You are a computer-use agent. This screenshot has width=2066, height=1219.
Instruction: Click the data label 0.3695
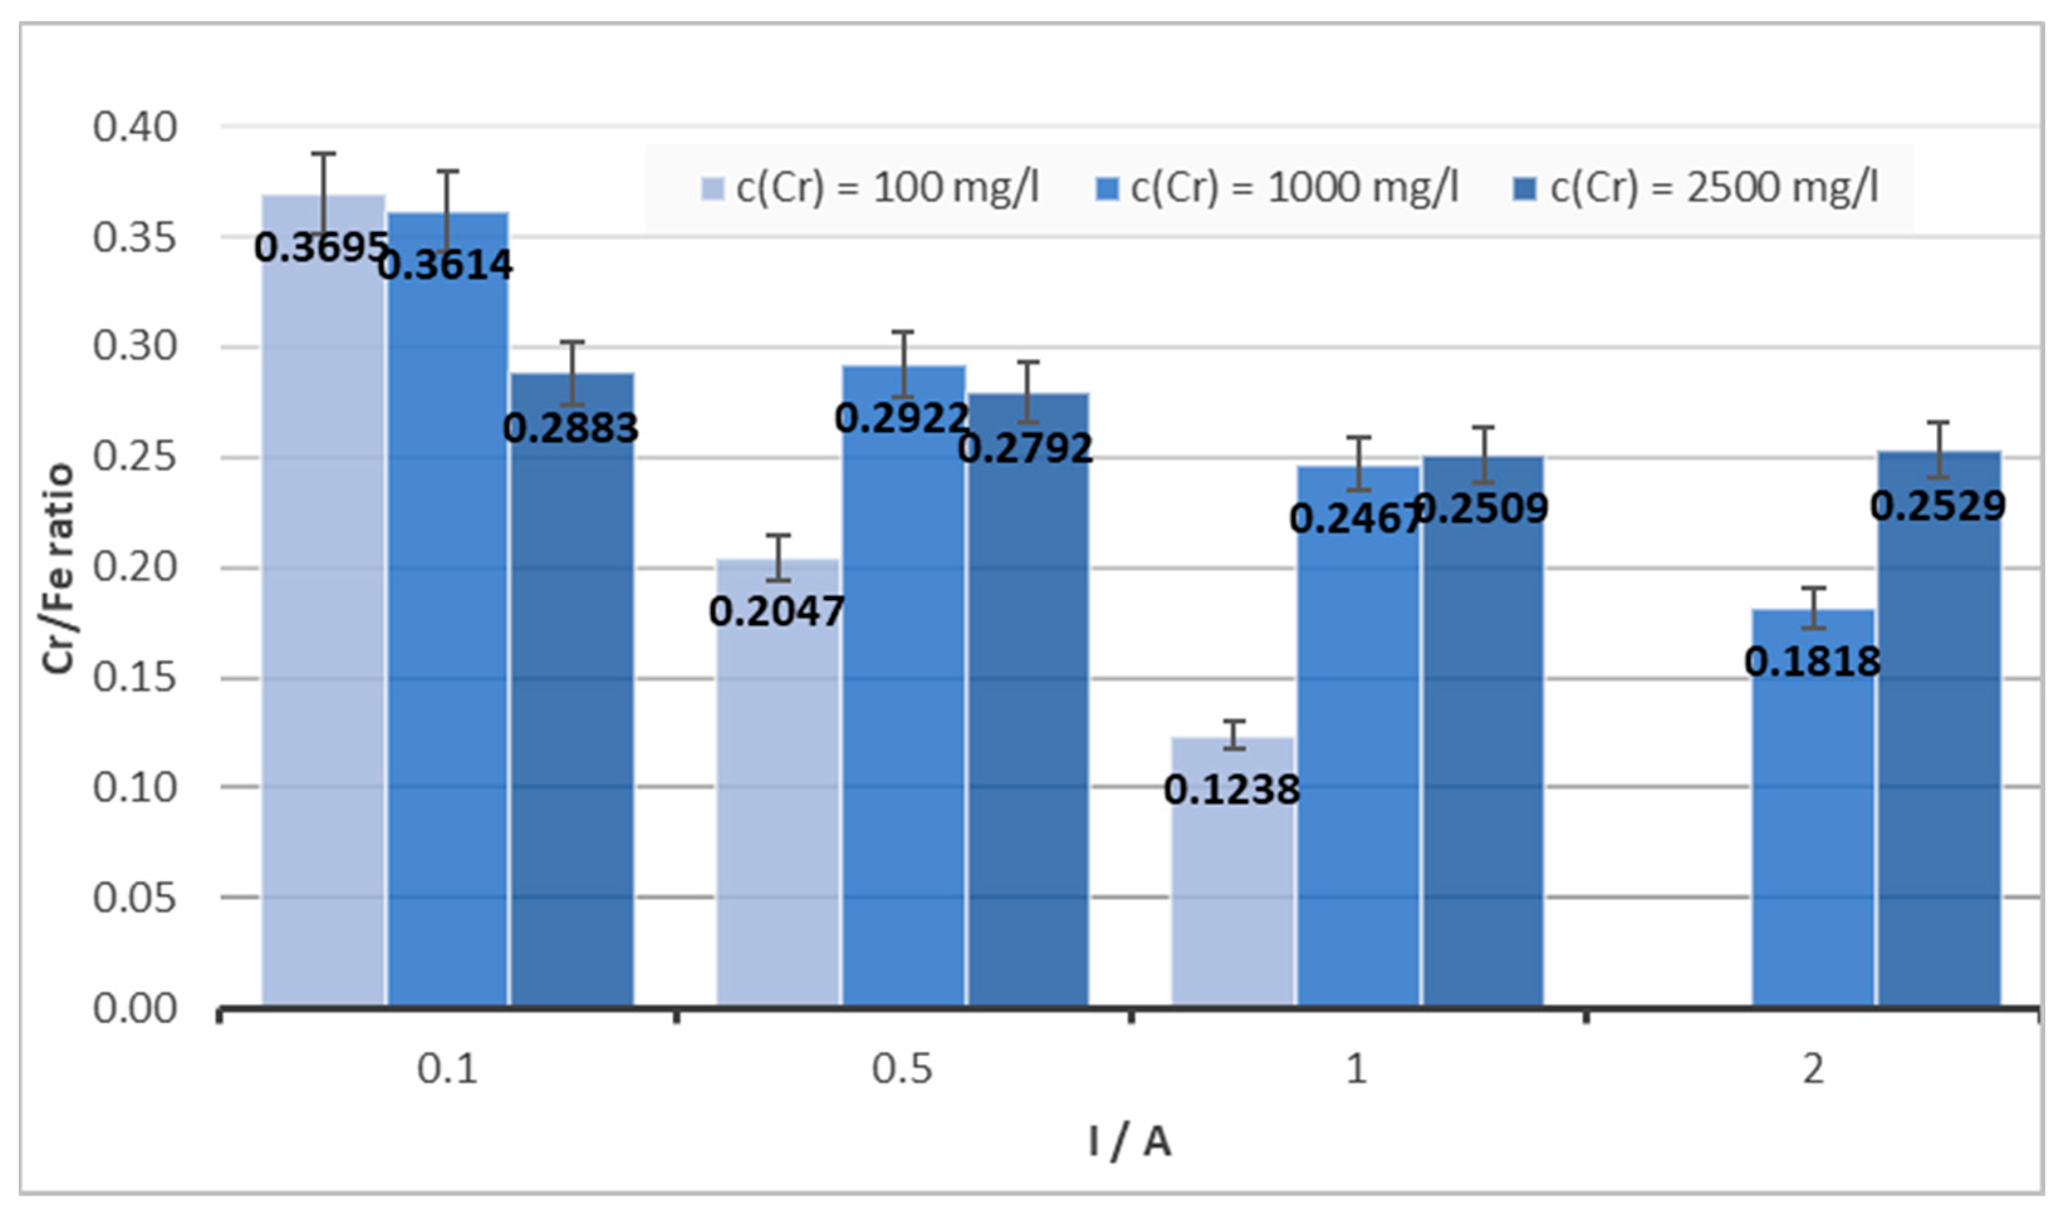[320, 247]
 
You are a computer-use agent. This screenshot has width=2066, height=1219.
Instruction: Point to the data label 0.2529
[1938, 506]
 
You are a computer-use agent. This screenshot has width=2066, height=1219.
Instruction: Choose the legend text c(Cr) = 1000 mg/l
[1294, 188]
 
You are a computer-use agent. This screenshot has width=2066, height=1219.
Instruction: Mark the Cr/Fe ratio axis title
[58, 569]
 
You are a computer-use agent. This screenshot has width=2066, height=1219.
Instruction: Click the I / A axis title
[1130, 1142]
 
